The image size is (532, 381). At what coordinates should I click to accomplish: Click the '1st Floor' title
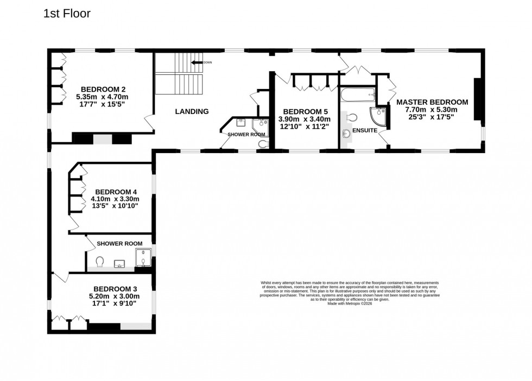pos(67,14)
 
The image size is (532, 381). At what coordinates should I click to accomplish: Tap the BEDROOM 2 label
pos(103,89)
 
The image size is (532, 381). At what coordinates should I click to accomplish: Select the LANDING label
pos(192,112)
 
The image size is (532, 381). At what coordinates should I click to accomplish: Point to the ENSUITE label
pos(365,130)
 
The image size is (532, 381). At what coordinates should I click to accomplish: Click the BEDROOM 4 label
pos(116,192)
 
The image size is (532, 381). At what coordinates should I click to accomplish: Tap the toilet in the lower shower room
pos(100,262)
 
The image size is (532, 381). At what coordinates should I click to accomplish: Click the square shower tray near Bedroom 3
pos(144,260)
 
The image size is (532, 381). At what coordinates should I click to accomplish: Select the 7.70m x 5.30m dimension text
pos(432,110)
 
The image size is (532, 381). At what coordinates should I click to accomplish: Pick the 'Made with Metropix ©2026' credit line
pos(350,303)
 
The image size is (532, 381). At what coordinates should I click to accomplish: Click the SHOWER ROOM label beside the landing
pos(246,134)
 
